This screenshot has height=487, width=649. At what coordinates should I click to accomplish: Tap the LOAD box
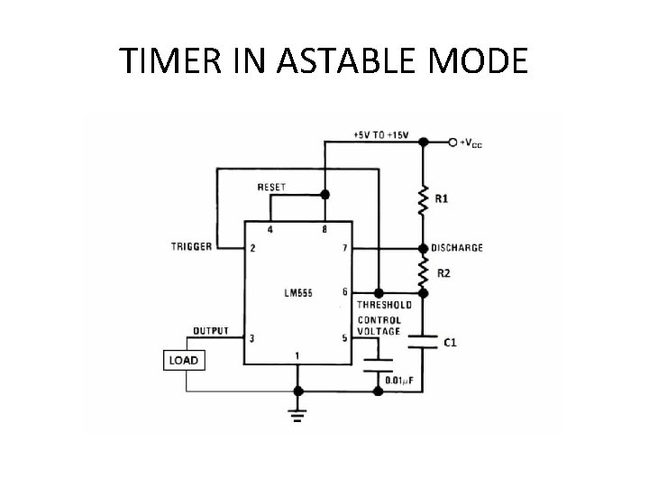pos(183,361)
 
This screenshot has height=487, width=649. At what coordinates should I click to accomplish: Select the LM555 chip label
pos(297,293)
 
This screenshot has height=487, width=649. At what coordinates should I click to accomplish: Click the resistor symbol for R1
pos(422,200)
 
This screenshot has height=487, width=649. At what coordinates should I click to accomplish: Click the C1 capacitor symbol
pos(422,341)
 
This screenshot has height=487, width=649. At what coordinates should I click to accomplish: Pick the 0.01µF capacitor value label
pos(402,380)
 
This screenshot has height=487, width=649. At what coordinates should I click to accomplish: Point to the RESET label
pos(271,188)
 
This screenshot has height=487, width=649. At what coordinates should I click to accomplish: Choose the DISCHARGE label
pos(457,248)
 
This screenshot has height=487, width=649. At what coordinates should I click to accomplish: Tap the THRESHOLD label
pos(385,305)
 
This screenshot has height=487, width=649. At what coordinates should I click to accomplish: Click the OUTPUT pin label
pos(210,330)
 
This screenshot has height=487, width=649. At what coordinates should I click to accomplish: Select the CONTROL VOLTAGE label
pos(380,326)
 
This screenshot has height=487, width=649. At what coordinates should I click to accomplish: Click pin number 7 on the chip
pos(343,247)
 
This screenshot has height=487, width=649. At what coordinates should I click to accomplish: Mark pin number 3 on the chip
pos(253,339)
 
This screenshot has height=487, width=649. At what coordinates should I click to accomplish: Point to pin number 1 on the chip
pos(298,355)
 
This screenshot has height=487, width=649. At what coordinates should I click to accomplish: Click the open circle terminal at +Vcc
pos(452,142)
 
